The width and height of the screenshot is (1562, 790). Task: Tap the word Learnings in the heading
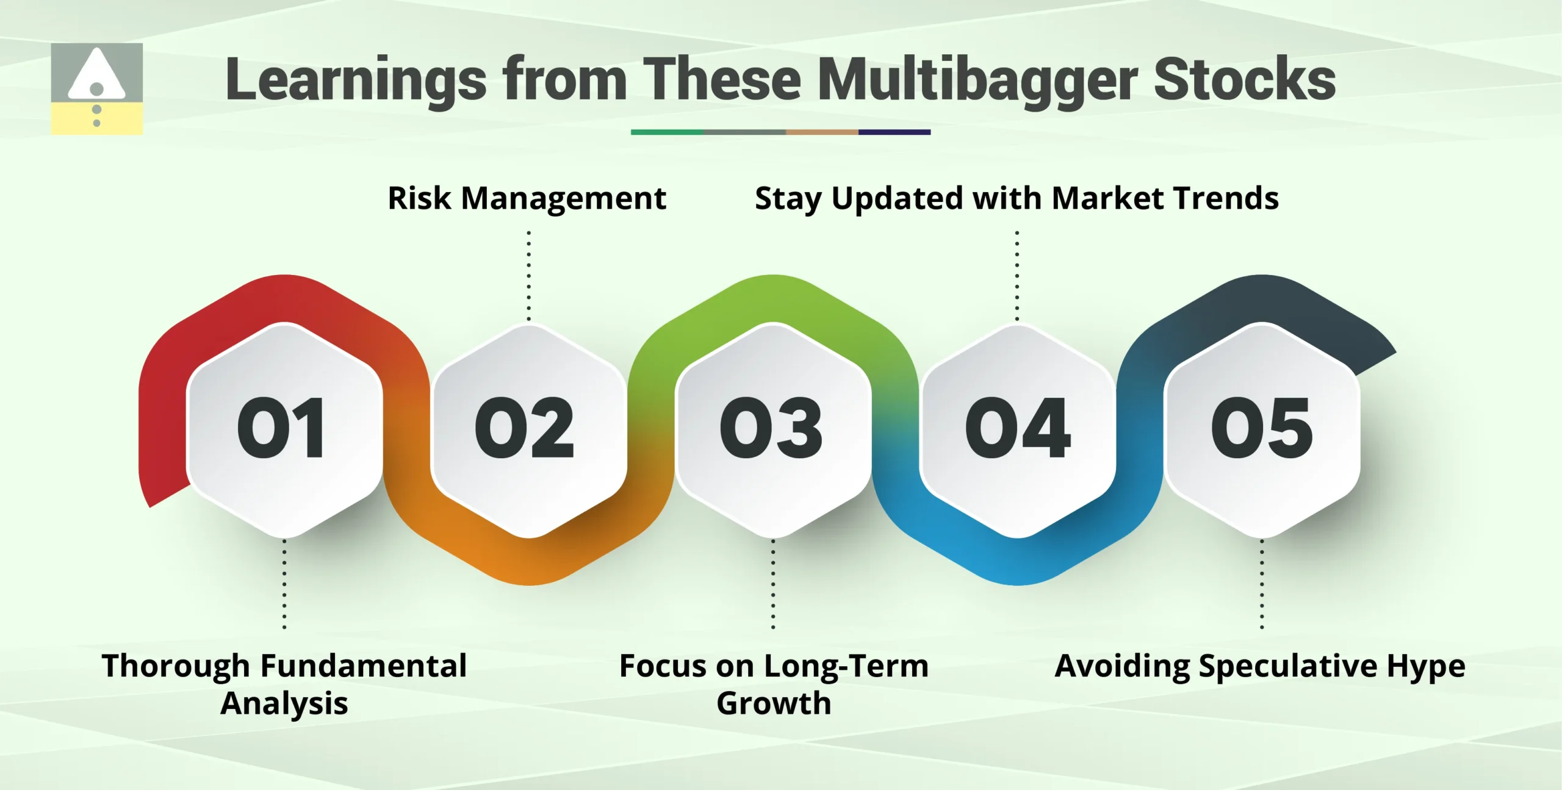tap(356, 79)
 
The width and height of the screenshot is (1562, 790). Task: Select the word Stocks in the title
tap(1245, 79)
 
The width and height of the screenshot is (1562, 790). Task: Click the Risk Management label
tap(527, 198)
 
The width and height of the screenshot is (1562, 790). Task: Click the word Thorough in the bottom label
tap(176, 666)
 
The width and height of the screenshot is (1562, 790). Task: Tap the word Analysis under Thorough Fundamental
tap(284, 703)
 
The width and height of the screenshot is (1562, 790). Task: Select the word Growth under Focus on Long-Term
tap(774, 703)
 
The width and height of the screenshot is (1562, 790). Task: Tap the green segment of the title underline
tap(667, 132)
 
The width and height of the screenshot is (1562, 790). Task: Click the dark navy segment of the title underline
tap(894, 132)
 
